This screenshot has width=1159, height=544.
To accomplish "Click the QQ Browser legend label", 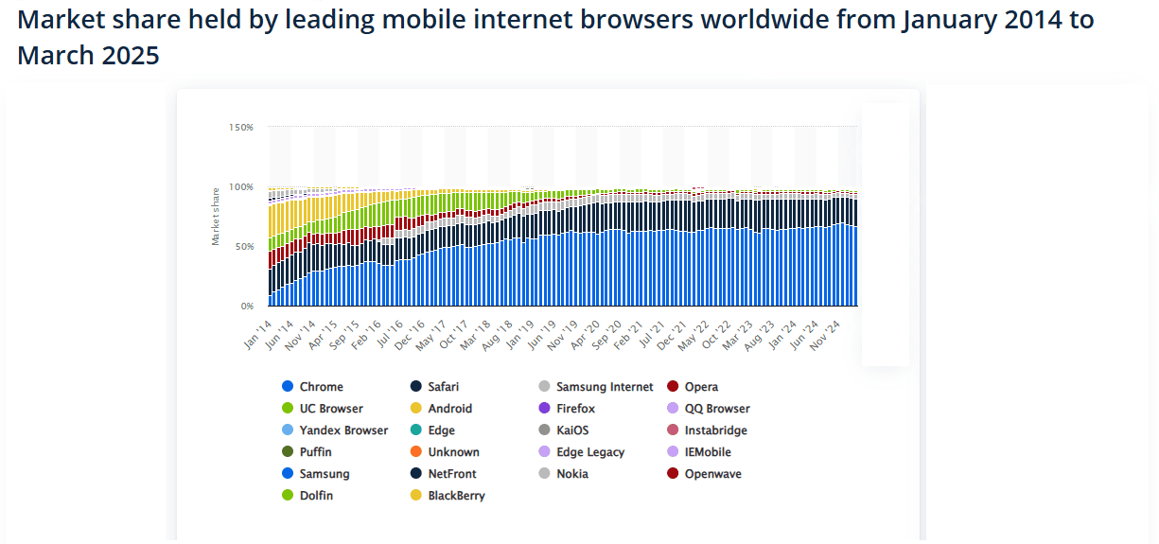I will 716,409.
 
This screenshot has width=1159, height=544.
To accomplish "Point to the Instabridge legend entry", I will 715,430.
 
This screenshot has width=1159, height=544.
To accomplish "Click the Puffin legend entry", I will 315,452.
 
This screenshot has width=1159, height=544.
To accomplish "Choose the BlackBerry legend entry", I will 456,496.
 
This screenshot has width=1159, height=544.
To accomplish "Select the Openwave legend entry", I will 712,474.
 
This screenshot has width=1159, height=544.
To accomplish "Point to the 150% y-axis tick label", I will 240,127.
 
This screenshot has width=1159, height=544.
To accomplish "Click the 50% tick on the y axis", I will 243,247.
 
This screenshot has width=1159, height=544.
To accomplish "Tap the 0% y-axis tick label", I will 246,307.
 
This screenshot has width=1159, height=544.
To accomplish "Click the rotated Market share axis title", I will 216,216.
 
